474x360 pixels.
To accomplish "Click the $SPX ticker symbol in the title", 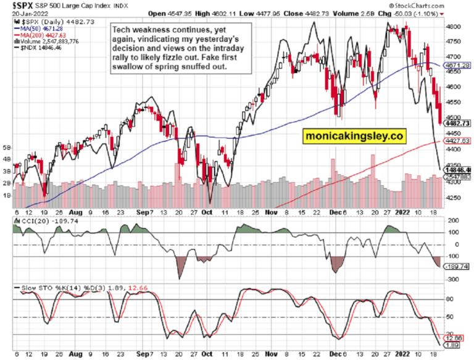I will tap(15, 6).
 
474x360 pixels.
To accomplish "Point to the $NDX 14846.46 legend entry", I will tap(42, 49).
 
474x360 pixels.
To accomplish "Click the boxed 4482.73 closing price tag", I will tap(457, 123).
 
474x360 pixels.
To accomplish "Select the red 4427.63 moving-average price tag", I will tap(457, 141).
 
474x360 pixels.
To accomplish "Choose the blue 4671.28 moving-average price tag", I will tap(457, 65).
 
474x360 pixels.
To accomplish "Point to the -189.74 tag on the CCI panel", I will tap(457, 267).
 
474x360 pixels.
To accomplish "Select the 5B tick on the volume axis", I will tap(7, 148).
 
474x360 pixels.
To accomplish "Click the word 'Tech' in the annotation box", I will tap(123, 30).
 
